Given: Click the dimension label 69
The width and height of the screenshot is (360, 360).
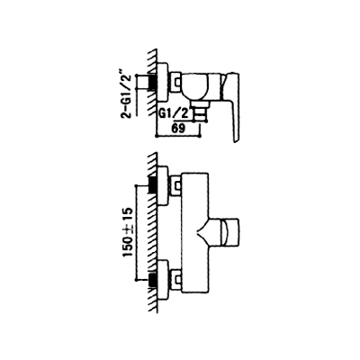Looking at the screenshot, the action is (178, 128).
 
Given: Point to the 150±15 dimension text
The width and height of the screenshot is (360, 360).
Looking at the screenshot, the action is (128, 233).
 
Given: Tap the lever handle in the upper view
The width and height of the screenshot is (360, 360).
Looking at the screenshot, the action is (230, 105).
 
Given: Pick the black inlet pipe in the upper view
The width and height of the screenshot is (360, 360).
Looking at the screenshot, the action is (152, 82).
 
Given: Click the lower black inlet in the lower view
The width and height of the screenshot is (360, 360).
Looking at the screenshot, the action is (152, 281).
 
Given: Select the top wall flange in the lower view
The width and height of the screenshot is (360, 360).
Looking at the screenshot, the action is (162, 186).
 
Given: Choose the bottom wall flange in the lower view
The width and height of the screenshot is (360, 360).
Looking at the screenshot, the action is (162, 281).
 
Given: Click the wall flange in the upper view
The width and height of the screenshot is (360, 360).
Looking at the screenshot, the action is (162, 82).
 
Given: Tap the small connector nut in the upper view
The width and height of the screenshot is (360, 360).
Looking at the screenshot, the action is (175, 82).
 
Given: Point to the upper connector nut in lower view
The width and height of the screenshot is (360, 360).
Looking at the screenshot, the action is (175, 186).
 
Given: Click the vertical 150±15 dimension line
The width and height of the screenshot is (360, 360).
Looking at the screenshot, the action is (136, 233).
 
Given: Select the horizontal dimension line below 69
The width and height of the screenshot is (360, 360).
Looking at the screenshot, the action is (178, 136).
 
